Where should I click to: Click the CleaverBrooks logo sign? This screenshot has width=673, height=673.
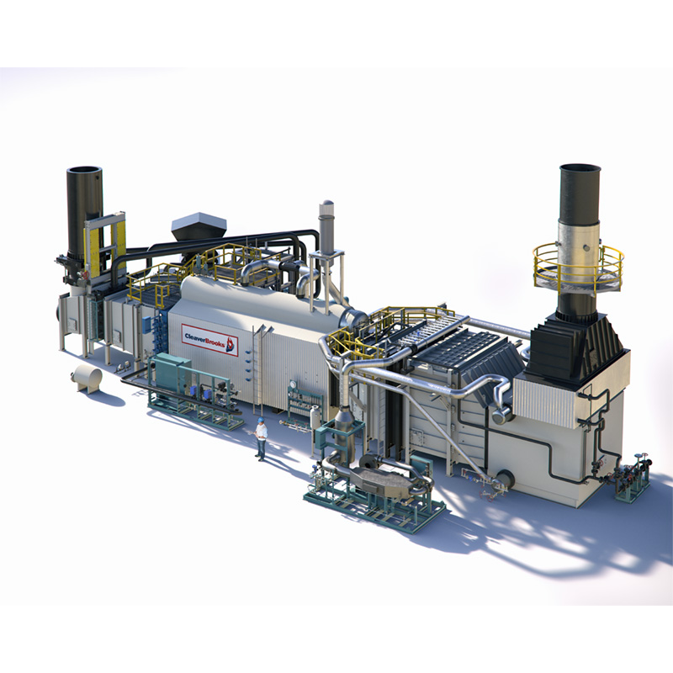point(209,340)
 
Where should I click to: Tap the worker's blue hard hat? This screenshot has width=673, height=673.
point(261,419)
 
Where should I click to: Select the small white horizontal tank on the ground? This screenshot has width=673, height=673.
point(87,377)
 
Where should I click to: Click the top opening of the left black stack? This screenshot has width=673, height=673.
point(84,171)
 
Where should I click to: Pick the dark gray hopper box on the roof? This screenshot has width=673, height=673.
point(199,229)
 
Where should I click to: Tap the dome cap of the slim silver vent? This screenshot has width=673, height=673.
point(327,203)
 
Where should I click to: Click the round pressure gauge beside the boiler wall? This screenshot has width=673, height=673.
point(293,384)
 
